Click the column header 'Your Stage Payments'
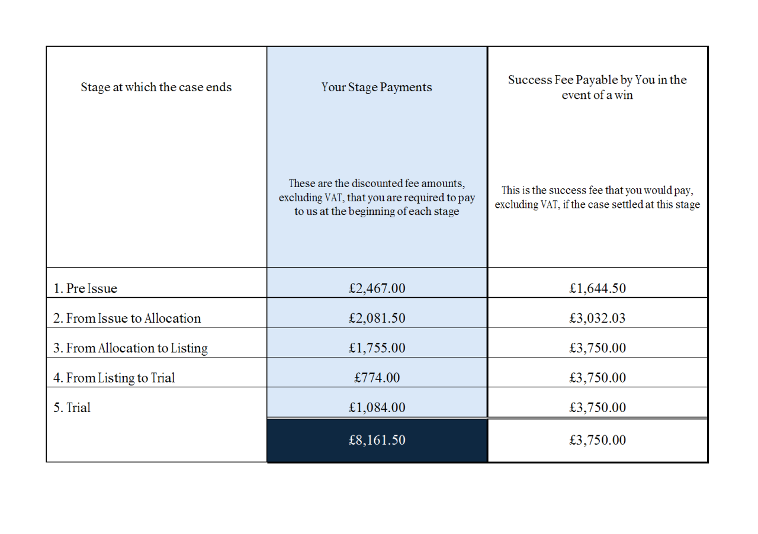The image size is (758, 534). point(377,88)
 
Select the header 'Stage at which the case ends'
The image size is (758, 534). point(156,88)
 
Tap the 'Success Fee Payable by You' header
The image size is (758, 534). point(597,88)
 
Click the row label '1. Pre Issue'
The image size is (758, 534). point(85,289)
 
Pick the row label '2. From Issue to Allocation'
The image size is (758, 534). point(127,319)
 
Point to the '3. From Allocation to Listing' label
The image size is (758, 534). point(130,348)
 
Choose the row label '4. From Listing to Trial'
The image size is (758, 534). point(114,378)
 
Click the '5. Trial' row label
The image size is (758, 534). point(72,407)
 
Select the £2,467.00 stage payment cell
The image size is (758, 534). point(377,289)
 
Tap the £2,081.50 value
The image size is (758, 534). point(377,319)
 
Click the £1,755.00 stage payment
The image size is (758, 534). point(377,348)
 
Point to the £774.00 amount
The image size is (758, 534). point(377,378)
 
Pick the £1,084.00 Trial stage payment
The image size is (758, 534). point(377,407)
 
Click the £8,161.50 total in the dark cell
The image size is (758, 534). point(377,440)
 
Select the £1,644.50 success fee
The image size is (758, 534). point(597,289)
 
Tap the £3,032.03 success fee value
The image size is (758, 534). point(597,319)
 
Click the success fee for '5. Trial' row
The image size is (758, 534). point(597,407)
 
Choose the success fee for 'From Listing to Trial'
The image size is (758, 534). point(597,378)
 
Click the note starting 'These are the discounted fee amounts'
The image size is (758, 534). point(377,197)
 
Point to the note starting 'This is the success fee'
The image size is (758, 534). point(597,198)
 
